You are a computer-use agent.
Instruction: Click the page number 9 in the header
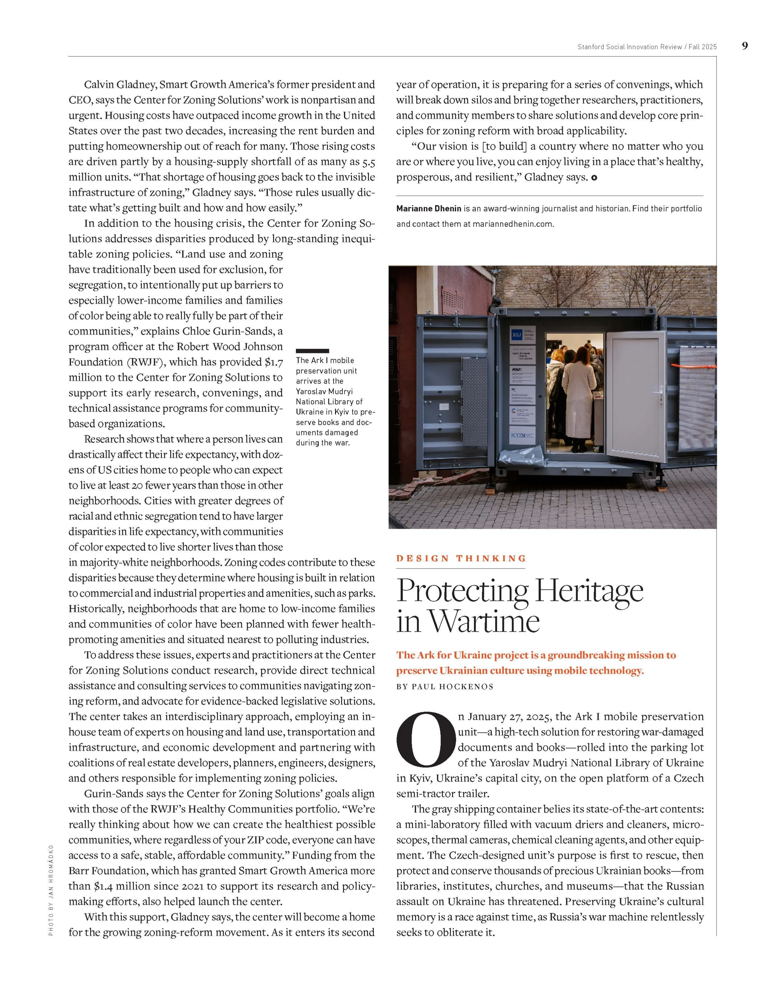(x=744, y=46)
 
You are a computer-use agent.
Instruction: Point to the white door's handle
(x=660, y=391)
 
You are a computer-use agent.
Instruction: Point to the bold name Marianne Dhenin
(x=429, y=209)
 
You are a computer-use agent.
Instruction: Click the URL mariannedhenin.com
(x=513, y=224)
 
